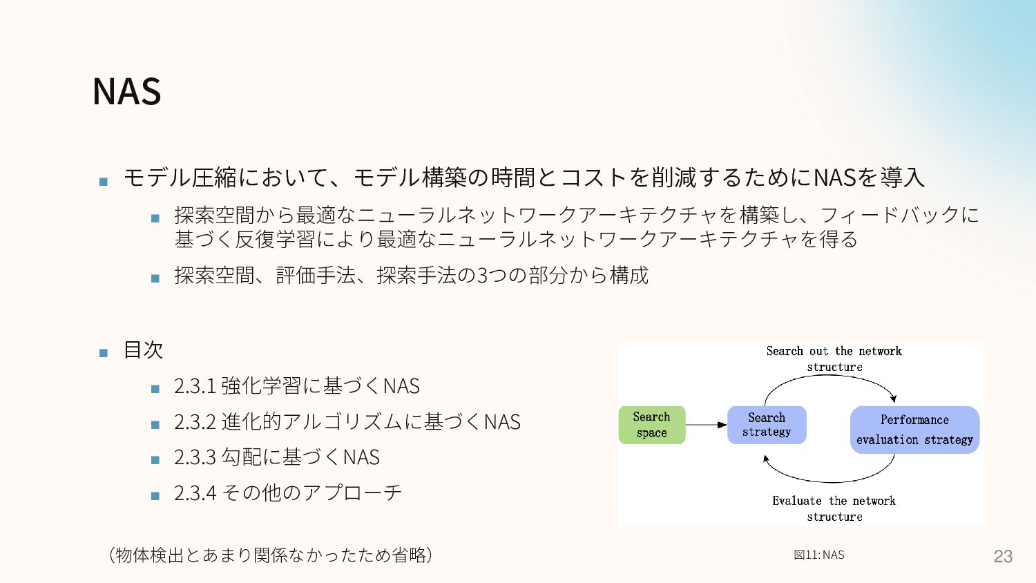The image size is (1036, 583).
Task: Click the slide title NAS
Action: tap(127, 91)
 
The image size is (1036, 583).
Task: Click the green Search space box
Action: tap(651, 425)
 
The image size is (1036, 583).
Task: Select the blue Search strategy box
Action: tap(766, 425)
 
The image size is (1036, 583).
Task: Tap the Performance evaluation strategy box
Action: tap(914, 430)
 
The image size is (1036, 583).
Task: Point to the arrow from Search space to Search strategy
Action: tap(706, 425)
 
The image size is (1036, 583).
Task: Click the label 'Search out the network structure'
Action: tap(834, 359)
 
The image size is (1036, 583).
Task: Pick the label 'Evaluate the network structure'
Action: tap(834, 508)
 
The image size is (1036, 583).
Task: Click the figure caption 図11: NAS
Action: tap(819, 555)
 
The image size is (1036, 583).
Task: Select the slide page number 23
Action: tap(1003, 556)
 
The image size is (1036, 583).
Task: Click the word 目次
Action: tap(143, 350)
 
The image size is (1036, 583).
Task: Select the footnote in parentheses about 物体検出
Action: tap(271, 555)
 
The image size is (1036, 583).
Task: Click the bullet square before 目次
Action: tap(104, 353)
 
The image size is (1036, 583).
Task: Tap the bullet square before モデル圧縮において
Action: tap(104, 182)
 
